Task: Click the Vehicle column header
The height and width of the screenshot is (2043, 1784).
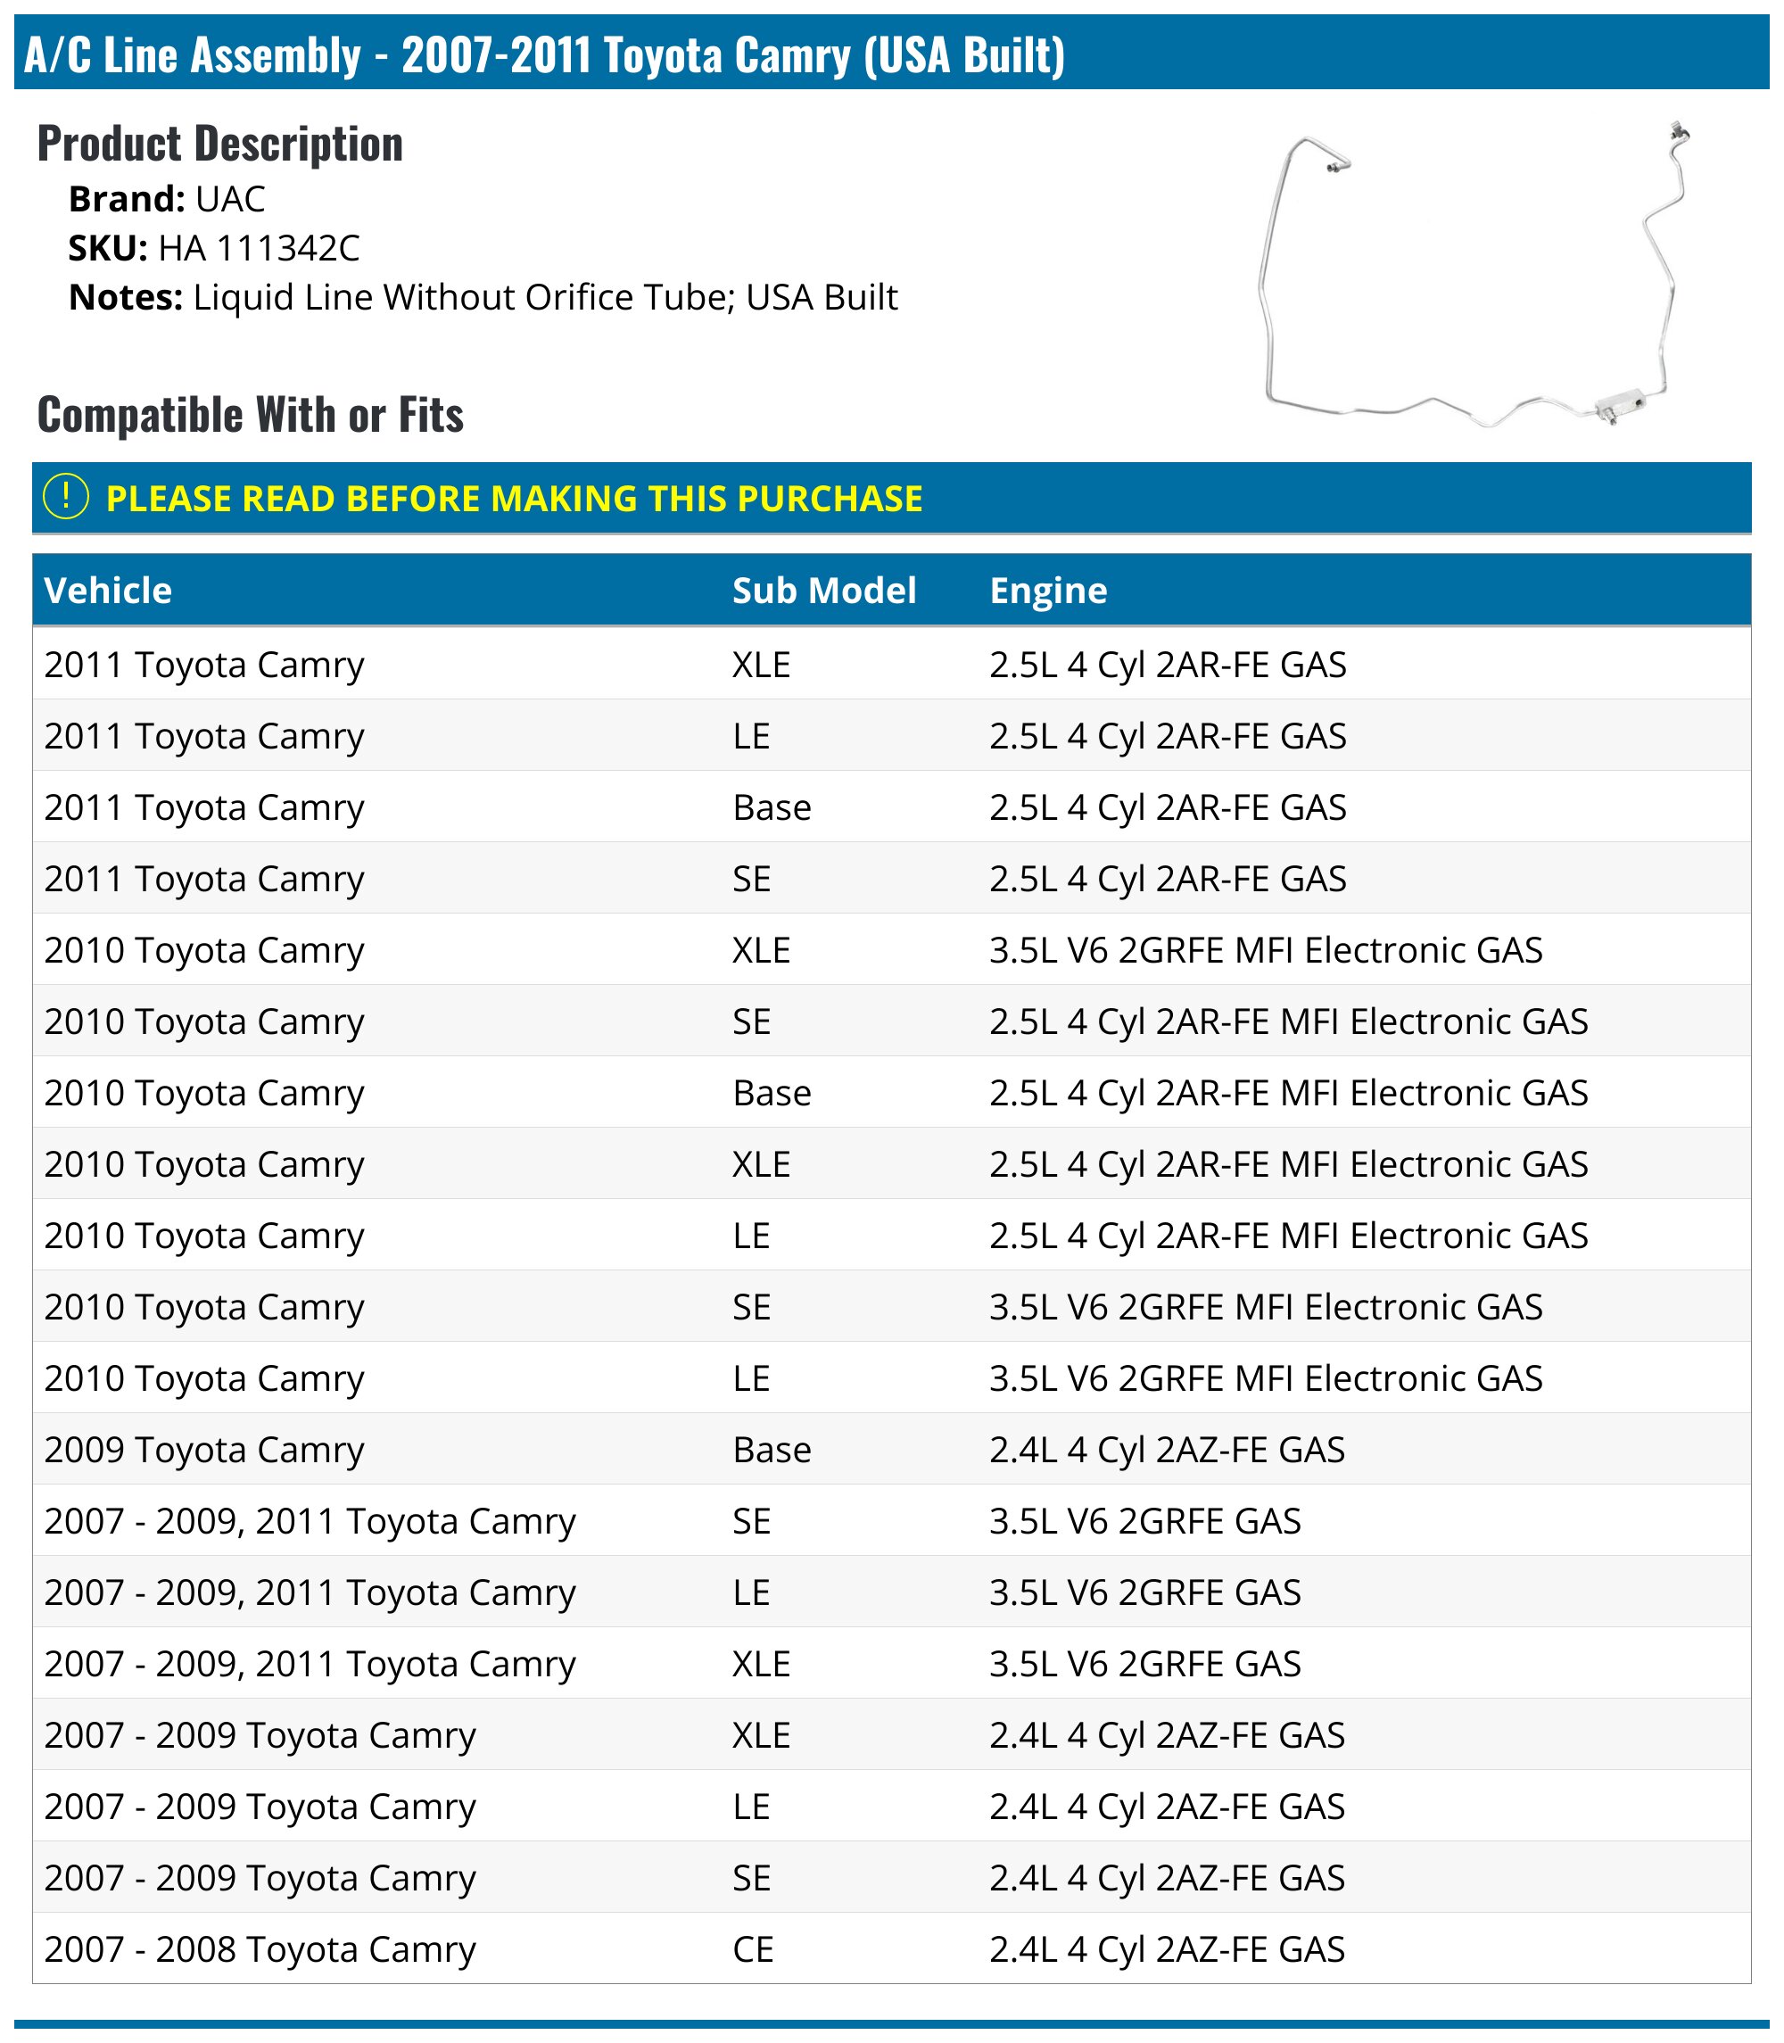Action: pyautogui.click(x=109, y=591)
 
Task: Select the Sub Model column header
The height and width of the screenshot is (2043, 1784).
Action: pyautogui.click(x=823, y=591)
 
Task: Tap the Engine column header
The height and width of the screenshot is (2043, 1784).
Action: pyautogui.click(x=1047, y=591)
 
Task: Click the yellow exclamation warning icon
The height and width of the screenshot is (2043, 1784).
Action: pyautogui.click(x=67, y=497)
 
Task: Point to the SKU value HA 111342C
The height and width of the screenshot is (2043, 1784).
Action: pyautogui.click(x=259, y=248)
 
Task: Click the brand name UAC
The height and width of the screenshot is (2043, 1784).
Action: pyautogui.click(x=230, y=199)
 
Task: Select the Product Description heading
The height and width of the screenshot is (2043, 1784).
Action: pyautogui.click(x=220, y=144)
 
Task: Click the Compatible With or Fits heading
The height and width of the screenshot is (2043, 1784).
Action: pyautogui.click(x=250, y=414)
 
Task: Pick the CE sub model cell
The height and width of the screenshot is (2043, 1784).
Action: pyautogui.click(x=753, y=1948)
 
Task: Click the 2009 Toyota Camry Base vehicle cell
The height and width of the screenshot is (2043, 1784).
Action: pyautogui.click(x=204, y=1450)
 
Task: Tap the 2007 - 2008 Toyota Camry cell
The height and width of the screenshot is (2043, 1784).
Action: pyautogui.click(x=260, y=1948)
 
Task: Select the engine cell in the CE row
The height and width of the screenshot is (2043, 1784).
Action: pyautogui.click(x=1167, y=1948)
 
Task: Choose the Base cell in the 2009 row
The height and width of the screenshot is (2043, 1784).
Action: pyautogui.click(x=772, y=1450)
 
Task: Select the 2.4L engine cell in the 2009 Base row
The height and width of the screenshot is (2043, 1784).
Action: pyautogui.click(x=1167, y=1450)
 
